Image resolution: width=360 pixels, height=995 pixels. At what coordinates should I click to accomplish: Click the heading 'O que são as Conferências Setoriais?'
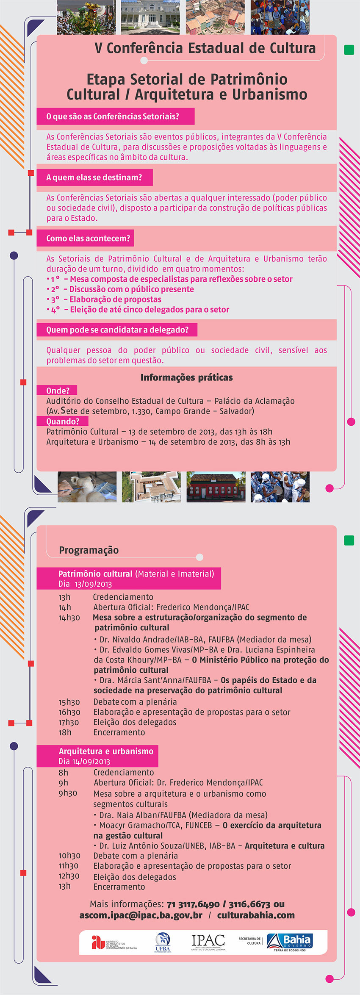[x=113, y=116]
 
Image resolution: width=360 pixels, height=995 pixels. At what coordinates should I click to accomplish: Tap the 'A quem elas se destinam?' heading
[x=94, y=177]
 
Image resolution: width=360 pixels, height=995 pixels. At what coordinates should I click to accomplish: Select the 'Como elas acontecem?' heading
[x=88, y=238]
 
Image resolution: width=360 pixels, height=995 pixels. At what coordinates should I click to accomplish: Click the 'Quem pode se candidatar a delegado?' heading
[x=117, y=330]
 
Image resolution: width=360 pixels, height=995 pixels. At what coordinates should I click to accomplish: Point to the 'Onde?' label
[x=58, y=391]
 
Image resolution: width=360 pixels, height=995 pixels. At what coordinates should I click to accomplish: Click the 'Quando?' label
[x=63, y=421]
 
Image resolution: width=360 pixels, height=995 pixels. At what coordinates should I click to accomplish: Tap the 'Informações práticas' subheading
[x=186, y=377]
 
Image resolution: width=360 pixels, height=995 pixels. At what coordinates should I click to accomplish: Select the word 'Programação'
[x=89, y=550]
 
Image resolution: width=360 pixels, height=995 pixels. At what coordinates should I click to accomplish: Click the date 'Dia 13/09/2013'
[x=85, y=584]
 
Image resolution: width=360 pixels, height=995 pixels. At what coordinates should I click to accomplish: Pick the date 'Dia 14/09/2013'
[x=84, y=761]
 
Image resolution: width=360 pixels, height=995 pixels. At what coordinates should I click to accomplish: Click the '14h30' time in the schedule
[x=69, y=618]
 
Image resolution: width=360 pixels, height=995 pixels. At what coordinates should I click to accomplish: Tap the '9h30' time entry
[x=68, y=793]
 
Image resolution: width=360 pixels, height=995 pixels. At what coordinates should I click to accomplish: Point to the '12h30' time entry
[x=69, y=876]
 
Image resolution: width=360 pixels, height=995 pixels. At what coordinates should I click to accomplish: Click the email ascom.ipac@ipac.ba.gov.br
[x=141, y=915]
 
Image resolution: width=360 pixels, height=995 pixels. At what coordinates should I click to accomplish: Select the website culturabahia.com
[x=256, y=915]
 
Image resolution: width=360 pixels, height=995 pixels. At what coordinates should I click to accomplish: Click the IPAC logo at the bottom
[x=208, y=942]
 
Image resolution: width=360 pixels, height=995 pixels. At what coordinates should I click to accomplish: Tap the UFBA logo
[x=163, y=942]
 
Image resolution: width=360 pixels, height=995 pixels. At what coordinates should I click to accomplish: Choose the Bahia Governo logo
[x=290, y=942]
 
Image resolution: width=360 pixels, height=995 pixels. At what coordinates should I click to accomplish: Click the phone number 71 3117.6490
[x=193, y=904]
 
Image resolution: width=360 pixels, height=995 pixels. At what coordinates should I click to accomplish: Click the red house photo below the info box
[x=216, y=487]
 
